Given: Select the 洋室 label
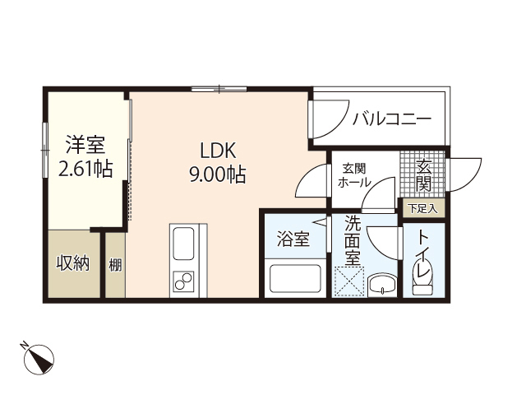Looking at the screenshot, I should (x=85, y=146).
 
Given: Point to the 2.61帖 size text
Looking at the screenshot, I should (x=85, y=169).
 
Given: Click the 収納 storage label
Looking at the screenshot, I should (x=72, y=264).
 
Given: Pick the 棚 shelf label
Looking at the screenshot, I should (x=115, y=265).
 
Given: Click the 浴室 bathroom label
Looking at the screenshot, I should (x=293, y=239).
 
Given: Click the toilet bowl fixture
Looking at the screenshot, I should (x=422, y=282).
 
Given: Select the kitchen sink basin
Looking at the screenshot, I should (x=183, y=244).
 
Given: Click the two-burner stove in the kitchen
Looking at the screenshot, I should (x=183, y=282).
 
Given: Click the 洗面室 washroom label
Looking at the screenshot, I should (x=352, y=239).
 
